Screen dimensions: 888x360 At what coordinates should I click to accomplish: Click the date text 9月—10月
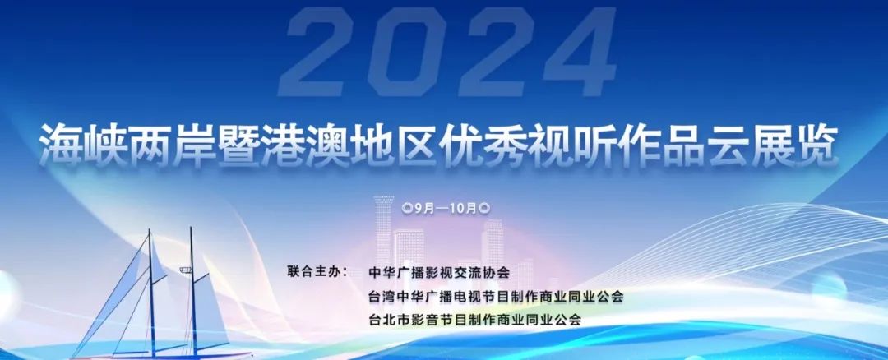tap(446, 208)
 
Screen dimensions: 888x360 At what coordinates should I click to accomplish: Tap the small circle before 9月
tap(407, 208)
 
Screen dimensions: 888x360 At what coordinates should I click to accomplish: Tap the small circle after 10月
tap(484, 208)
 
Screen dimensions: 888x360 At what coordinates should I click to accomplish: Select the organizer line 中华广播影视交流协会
tap(439, 272)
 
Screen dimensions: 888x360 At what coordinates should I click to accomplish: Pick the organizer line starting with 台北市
tap(474, 320)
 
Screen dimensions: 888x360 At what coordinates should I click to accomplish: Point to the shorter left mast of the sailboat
tap(151, 293)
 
